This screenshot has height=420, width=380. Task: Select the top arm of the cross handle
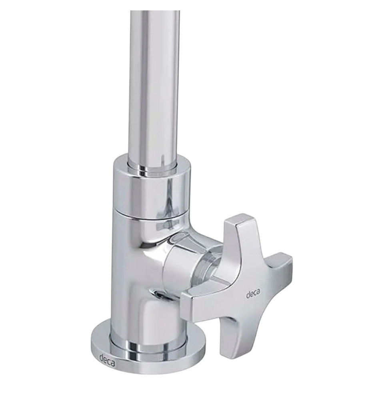click(238, 234)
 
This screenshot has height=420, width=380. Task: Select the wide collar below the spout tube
click(151, 188)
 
